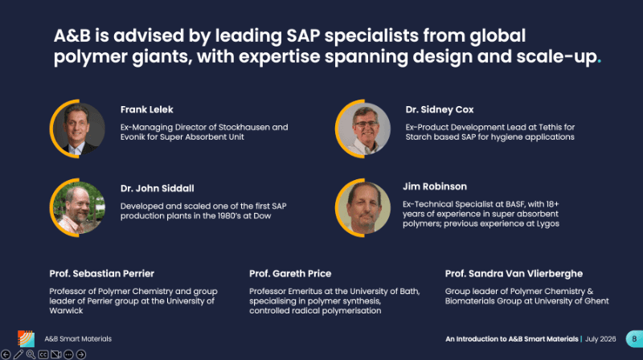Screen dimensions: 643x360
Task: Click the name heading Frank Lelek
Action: point(147,109)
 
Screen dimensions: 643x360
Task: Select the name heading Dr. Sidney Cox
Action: point(440,109)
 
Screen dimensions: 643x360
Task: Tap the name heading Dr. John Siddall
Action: point(157,188)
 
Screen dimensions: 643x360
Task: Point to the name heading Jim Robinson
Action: point(435,186)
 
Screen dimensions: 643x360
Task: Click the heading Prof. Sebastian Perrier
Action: point(102,273)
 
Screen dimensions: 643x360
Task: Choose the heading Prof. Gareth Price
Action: point(290,273)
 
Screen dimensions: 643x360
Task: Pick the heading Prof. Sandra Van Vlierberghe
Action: point(514,273)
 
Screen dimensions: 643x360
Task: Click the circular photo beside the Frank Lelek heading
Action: point(78,129)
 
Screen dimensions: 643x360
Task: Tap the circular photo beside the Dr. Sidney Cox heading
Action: point(363,129)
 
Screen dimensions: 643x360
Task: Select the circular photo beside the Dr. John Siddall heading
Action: point(78,207)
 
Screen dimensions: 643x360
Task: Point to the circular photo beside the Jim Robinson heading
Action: point(363,207)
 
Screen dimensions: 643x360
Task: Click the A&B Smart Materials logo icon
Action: point(26,338)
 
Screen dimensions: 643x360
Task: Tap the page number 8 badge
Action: point(634,339)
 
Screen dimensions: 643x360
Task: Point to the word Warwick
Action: point(66,311)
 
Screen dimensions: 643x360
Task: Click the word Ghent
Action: point(597,301)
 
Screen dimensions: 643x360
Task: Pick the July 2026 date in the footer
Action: point(600,339)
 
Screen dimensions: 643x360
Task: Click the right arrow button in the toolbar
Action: point(81,354)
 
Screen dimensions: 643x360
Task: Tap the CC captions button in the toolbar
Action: point(43,354)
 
